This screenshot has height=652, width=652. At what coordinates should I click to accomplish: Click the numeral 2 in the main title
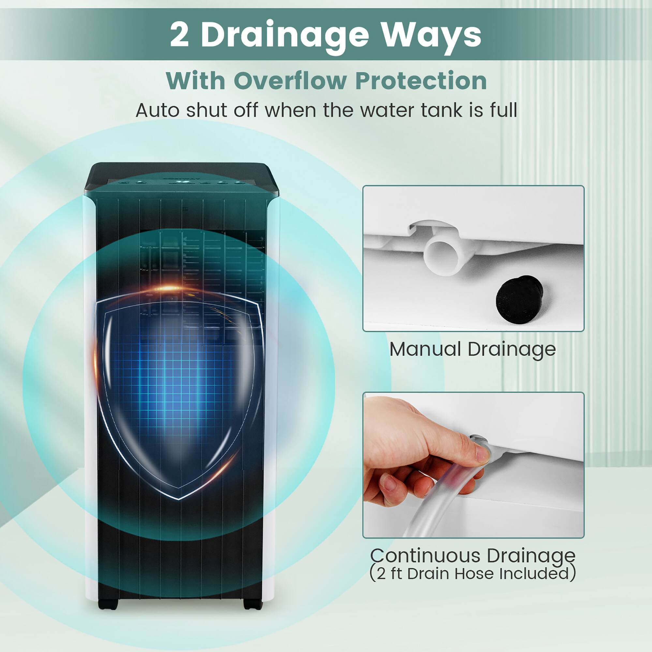point(179,36)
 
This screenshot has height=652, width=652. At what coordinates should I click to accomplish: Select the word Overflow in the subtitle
point(290,81)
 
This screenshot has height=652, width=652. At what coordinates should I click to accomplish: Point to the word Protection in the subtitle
point(421,81)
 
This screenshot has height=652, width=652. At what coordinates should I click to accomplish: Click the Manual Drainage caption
point(472,349)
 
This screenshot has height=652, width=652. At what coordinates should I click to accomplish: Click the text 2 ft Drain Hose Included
point(472,573)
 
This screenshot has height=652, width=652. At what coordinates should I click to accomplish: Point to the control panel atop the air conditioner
point(182,182)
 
